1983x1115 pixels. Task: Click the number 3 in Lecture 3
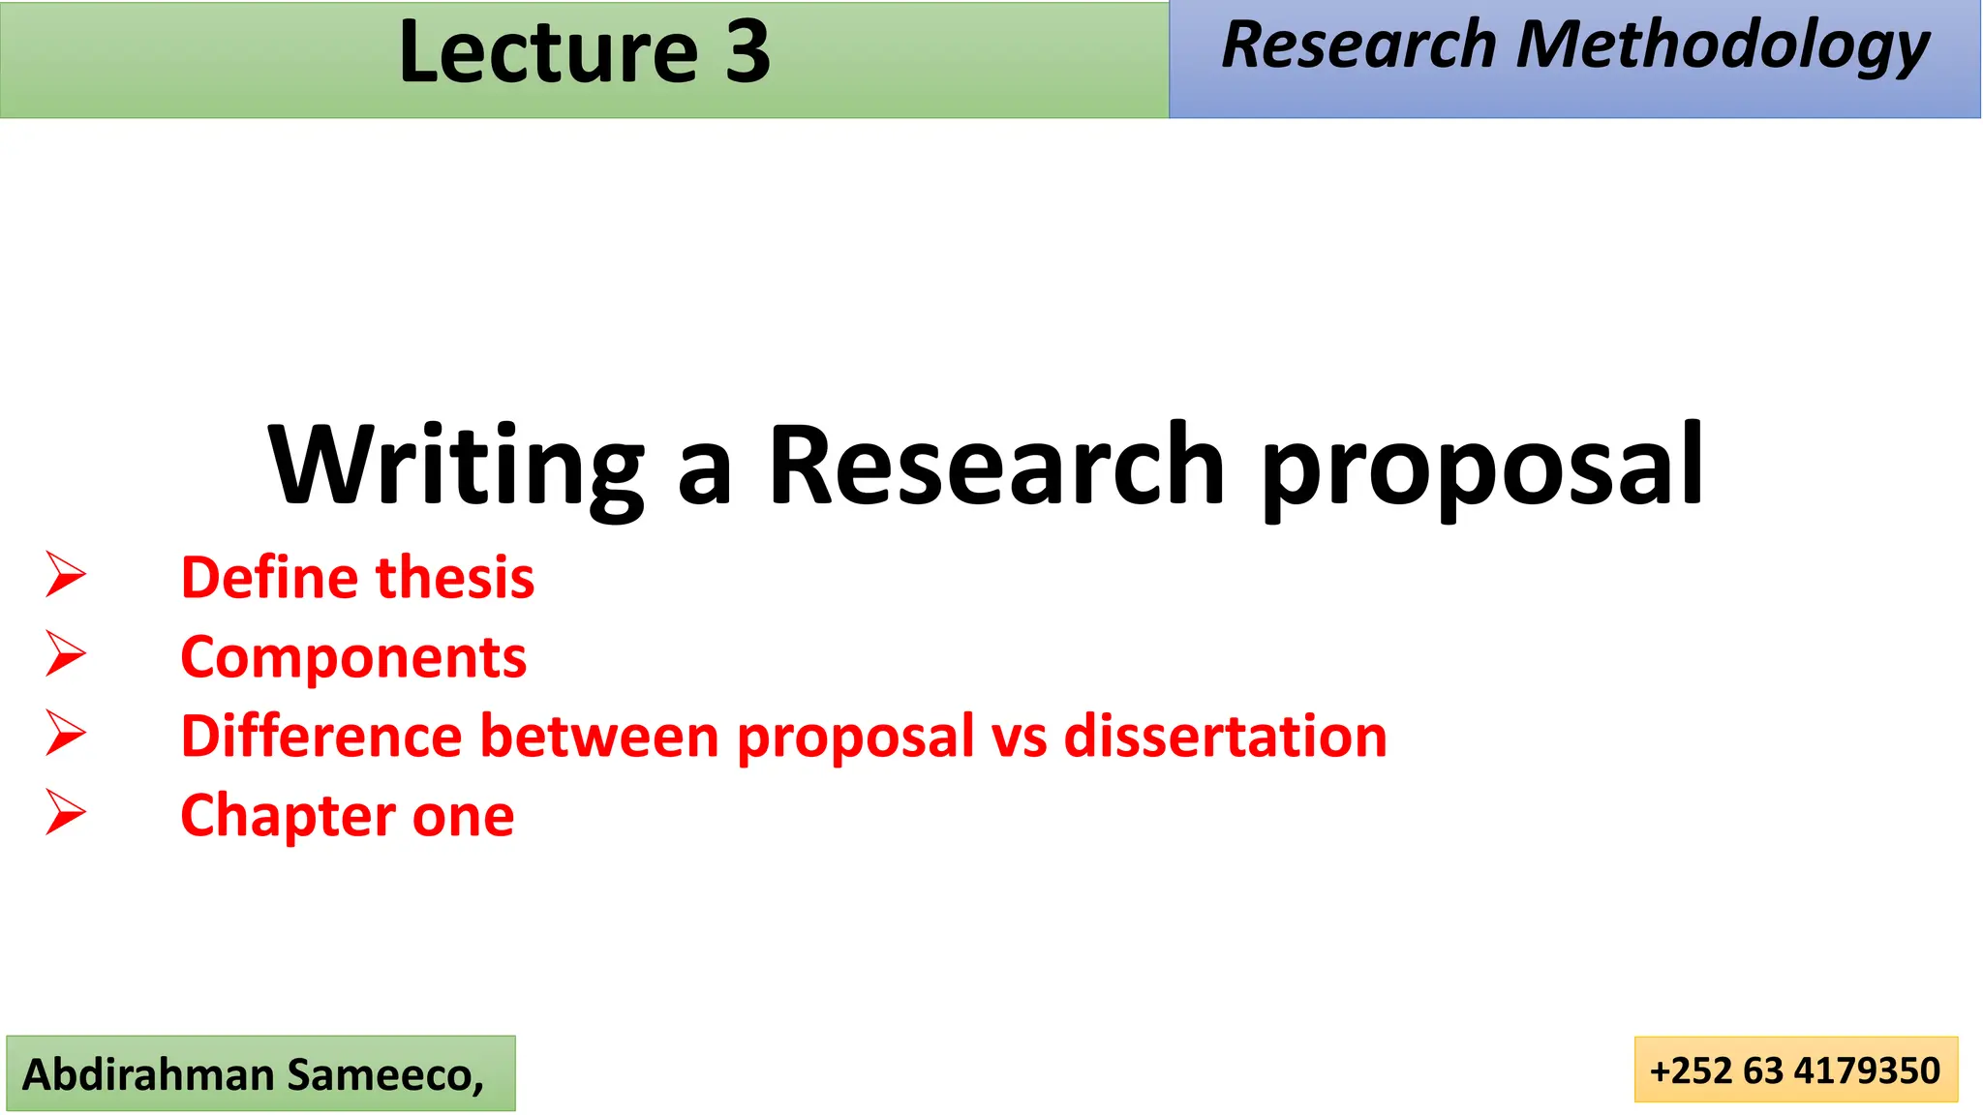point(747,52)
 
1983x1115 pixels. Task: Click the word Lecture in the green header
point(548,52)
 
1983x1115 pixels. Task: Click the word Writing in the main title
point(456,467)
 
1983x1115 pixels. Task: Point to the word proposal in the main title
point(1482,468)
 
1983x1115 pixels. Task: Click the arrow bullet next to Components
point(66,654)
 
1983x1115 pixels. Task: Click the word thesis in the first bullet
point(455,578)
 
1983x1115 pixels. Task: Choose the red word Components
point(353,658)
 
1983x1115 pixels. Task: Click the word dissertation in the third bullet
point(1225,737)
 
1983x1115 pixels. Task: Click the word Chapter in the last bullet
point(288,816)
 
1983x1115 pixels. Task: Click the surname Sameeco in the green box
point(384,1074)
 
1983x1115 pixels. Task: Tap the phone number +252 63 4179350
point(1795,1070)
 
